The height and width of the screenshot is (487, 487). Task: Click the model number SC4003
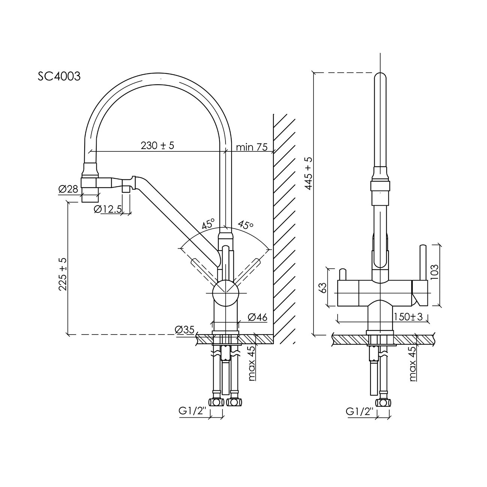[x=59, y=76]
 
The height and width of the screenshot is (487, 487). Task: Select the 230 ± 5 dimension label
[x=157, y=146]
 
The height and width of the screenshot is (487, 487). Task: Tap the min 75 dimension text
[x=252, y=147]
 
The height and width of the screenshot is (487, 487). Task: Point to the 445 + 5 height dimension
[x=308, y=173]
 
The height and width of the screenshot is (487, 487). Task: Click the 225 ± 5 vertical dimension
[x=63, y=274]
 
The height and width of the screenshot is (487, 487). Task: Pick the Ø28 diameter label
[x=68, y=189]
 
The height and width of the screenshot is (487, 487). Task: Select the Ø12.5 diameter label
[x=108, y=209]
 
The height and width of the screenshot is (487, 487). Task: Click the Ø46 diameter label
[x=257, y=317]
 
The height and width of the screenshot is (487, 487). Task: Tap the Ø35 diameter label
[x=185, y=330]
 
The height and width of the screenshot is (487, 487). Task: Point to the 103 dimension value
[x=434, y=272]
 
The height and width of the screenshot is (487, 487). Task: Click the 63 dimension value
[x=323, y=288]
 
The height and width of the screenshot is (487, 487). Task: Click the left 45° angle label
[x=208, y=224]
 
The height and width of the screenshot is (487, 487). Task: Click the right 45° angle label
[x=246, y=225]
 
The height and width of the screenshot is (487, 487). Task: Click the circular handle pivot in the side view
[x=226, y=293]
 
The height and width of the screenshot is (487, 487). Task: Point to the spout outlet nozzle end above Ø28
[x=90, y=195]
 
